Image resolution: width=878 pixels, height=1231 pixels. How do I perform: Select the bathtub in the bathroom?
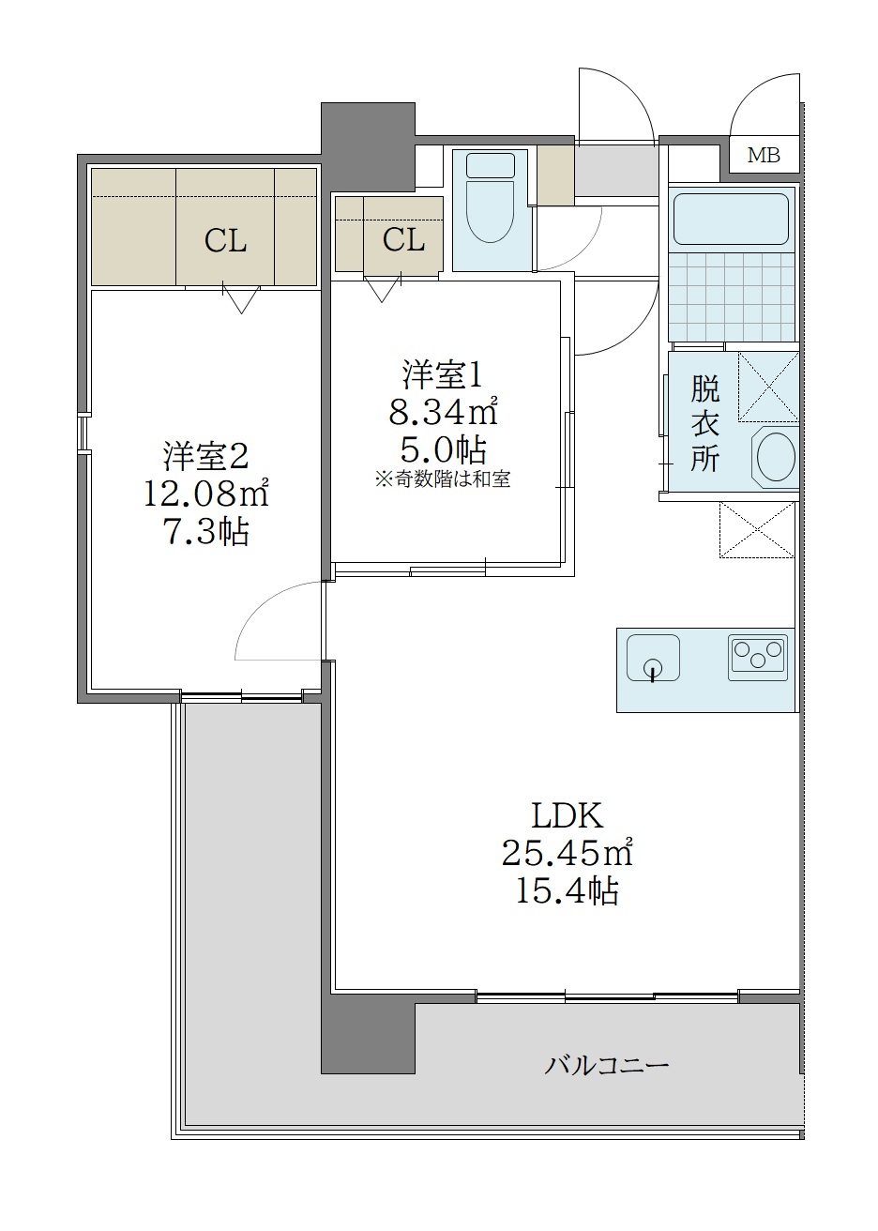point(731,219)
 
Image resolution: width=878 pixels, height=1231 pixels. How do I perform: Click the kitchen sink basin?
point(653,656)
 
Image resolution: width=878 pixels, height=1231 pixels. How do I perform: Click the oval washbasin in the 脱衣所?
point(775,457)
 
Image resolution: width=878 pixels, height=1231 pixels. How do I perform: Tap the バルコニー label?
point(607,1066)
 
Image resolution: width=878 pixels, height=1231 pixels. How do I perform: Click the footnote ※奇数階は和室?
point(443,479)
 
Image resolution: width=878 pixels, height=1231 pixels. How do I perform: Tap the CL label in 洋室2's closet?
point(226,241)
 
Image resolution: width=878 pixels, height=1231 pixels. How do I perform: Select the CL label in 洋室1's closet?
point(403,240)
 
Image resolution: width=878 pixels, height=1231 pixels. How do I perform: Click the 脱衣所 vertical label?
point(704,421)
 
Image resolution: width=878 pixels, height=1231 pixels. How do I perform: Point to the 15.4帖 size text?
point(567,891)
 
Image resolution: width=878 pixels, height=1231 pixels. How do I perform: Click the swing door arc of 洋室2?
point(272,619)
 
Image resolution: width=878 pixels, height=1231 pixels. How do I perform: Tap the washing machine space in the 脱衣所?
point(767,386)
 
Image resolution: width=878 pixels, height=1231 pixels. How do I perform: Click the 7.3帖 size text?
point(206,532)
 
